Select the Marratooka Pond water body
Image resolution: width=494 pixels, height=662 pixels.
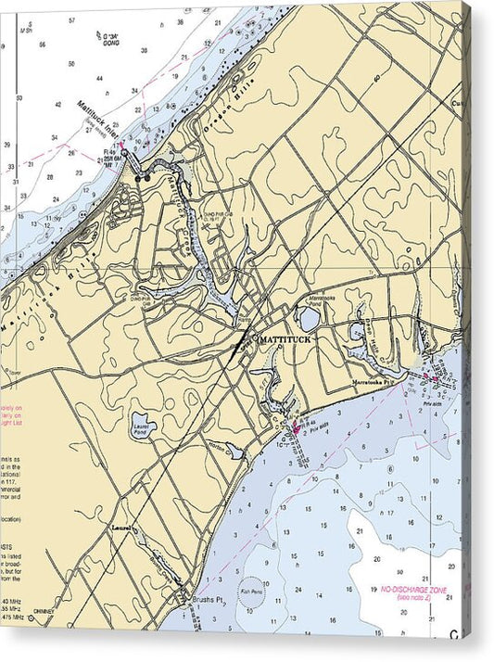pyautogui.click(x=310, y=317)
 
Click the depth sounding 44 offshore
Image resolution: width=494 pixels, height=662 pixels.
pyautogui.click(x=136, y=90)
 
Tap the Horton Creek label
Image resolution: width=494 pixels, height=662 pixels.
pyautogui.click(x=219, y=447)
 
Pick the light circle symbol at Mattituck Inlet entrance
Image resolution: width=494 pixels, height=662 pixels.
pyautogui.click(x=124, y=154)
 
